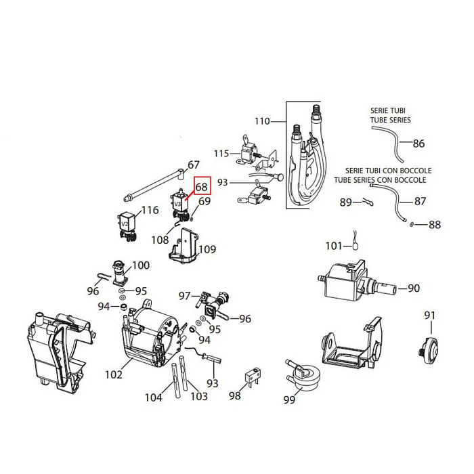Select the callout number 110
pyautogui.click(x=262, y=121)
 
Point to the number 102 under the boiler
pyautogui.click(x=113, y=373)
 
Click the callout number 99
pyautogui.click(x=290, y=400)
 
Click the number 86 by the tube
pyautogui.click(x=418, y=144)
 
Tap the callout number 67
pyautogui.click(x=194, y=165)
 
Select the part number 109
pyautogui.click(x=207, y=249)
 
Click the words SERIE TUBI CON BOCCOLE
pyautogui.click(x=388, y=171)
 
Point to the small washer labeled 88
pyautogui.click(x=412, y=223)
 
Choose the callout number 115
pyautogui.click(x=221, y=154)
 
